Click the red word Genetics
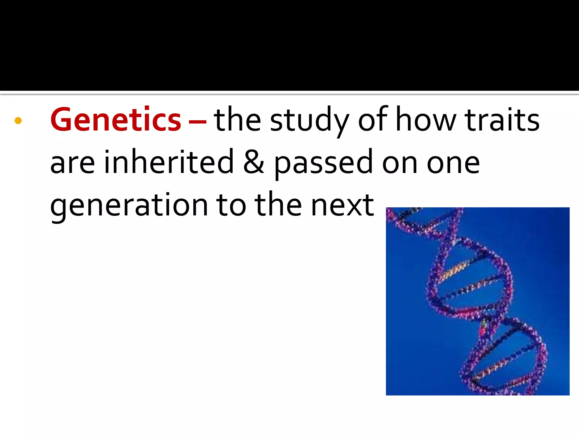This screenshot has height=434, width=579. tap(116, 120)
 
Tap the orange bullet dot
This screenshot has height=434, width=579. tap(18, 121)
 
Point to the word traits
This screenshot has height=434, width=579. tap(502, 120)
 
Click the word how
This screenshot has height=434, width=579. tap(426, 120)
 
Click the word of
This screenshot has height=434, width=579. tap(373, 120)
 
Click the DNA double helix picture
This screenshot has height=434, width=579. tap(478, 301)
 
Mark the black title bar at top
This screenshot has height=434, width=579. tap(289, 45)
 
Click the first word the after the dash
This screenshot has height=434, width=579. tap(237, 120)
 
